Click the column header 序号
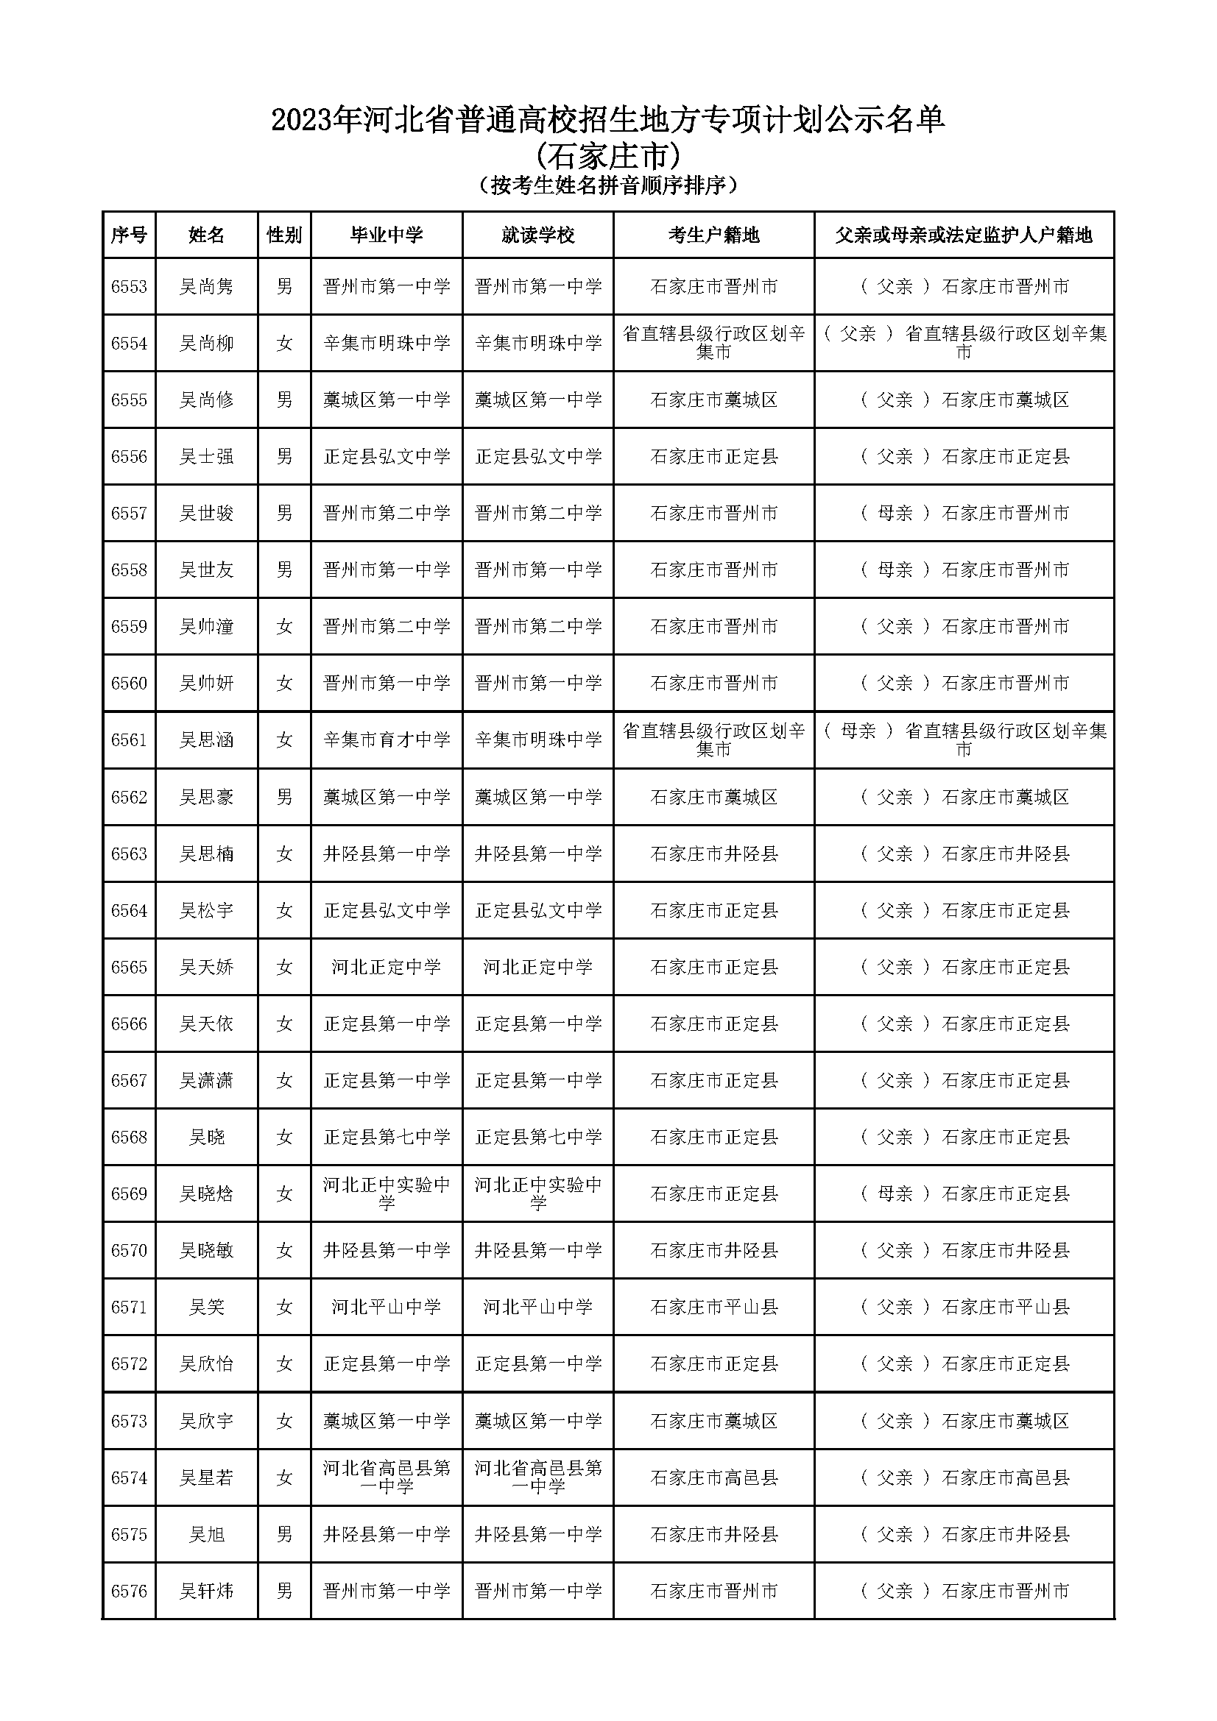(128, 235)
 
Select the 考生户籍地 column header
(713, 235)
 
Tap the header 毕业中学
(387, 235)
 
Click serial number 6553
(128, 287)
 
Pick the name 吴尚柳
(206, 344)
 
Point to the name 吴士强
(206, 456)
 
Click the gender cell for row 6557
(284, 514)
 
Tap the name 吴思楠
(206, 854)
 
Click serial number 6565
(128, 968)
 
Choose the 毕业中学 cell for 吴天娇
(387, 968)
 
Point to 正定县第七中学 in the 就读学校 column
(537, 1138)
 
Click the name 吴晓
(206, 1138)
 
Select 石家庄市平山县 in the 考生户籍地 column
(713, 1308)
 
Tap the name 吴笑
(206, 1308)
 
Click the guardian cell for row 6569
(964, 1194)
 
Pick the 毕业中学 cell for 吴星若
(387, 1477)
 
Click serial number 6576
(128, 1591)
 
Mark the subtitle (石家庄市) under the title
(608, 156)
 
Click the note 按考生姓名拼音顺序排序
(608, 185)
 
